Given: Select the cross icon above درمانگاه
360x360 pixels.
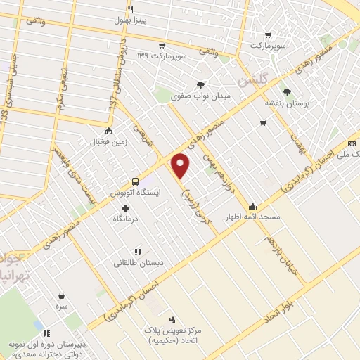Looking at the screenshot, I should point(126,208).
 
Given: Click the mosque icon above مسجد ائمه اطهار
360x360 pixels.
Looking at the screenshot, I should point(253,207).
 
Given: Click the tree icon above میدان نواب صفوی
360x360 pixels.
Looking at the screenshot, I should point(200,85).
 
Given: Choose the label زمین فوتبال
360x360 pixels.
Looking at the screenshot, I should point(107,143).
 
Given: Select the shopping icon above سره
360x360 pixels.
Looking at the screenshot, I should point(63,296).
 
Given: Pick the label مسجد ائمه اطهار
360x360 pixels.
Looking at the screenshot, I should point(258,217).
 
